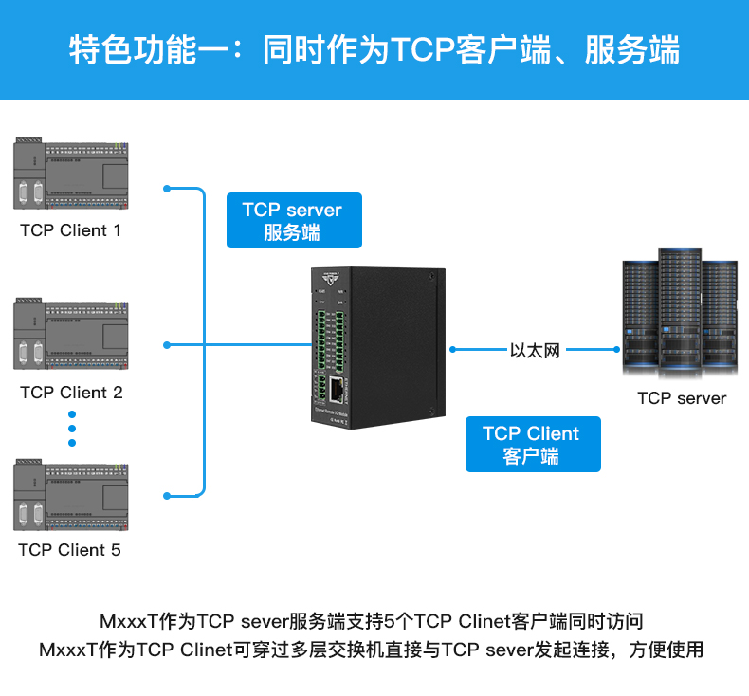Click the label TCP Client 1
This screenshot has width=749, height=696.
pos(70,230)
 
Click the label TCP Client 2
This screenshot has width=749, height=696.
pos(71,393)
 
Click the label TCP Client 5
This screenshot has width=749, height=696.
pos(70,550)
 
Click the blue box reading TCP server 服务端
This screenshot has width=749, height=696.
pos(293,221)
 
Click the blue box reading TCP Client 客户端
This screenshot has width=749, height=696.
pos(532,445)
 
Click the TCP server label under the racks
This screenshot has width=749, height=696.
pos(682,398)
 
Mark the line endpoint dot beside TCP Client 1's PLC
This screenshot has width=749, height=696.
pos(168,187)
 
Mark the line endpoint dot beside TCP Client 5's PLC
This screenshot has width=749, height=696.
pos(168,495)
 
